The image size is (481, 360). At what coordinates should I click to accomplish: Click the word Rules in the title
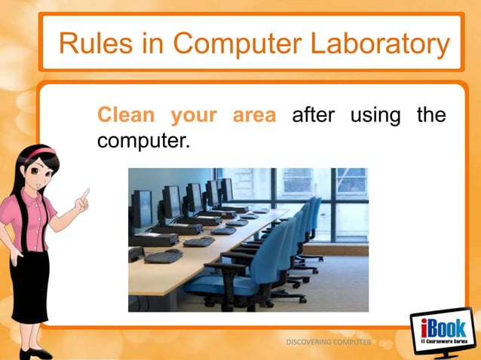pyautogui.click(x=94, y=44)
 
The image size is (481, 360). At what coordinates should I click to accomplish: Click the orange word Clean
pyautogui.click(x=126, y=117)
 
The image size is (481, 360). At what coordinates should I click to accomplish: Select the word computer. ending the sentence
pyautogui.click(x=141, y=141)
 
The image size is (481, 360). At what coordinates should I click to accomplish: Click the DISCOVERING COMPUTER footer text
pyautogui.click(x=329, y=343)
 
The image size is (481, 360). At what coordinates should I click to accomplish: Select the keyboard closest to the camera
pyautogui.click(x=164, y=256)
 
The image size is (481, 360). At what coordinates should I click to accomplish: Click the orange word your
pyautogui.click(x=194, y=117)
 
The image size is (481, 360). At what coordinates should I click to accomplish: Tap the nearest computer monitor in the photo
pyautogui.click(x=141, y=207)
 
